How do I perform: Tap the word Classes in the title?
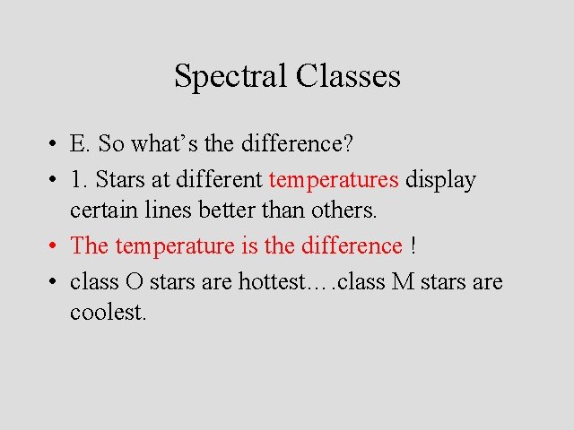(347, 75)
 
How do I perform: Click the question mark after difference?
(350, 143)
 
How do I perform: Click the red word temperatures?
(334, 180)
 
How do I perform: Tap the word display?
(440, 180)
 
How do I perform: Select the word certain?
(101, 211)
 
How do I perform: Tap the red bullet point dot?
(55, 245)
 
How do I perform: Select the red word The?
(90, 245)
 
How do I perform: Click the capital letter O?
(134, 282)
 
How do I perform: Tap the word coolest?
(108, 314)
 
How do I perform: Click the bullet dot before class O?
(55, 282)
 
